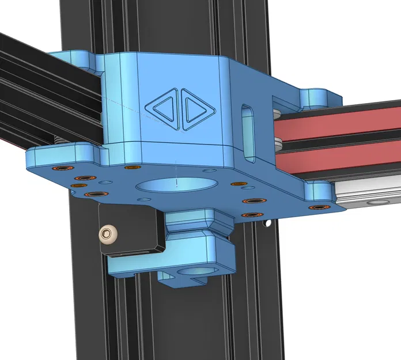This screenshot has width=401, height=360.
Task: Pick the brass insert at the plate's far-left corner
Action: click(x=59, y=168)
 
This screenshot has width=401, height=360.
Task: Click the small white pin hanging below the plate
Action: click(x=266, y=222)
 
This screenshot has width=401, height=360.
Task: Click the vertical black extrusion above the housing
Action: click(x=138, y=23)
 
